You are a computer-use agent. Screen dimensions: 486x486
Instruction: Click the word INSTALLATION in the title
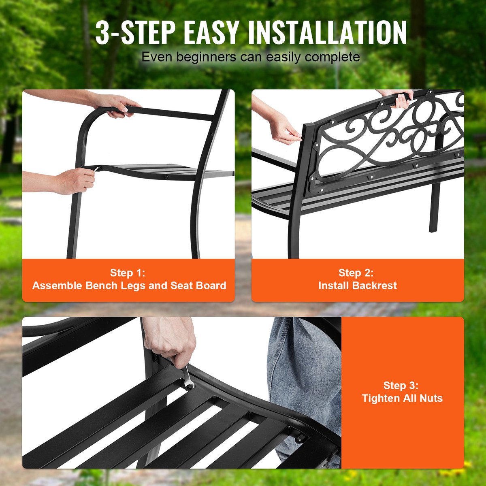coord(327,33)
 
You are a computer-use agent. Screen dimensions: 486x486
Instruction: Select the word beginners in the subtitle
coord(206,58)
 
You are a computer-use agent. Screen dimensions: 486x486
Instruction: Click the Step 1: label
coord(128,273)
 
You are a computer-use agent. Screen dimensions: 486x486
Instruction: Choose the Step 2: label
coord(356,273)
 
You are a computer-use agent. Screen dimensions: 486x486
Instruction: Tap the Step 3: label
coord(401,386)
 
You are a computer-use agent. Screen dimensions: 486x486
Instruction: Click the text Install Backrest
coord(358,286)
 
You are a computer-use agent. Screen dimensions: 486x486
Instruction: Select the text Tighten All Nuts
coord(402,398)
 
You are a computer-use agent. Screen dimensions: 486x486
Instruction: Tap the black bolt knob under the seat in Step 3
coord(300,439)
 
